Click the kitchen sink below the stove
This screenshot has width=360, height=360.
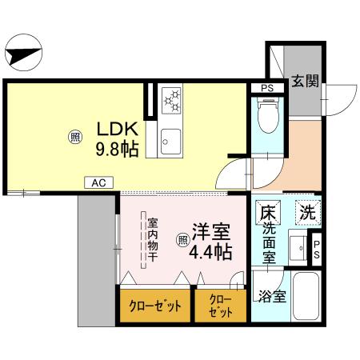click(171, 142)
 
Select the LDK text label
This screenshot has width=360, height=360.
click(119, 129)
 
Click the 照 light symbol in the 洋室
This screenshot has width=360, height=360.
click(182, 237)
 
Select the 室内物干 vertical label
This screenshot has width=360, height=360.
click(150, 239)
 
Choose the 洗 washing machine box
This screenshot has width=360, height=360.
click(306, 213)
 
